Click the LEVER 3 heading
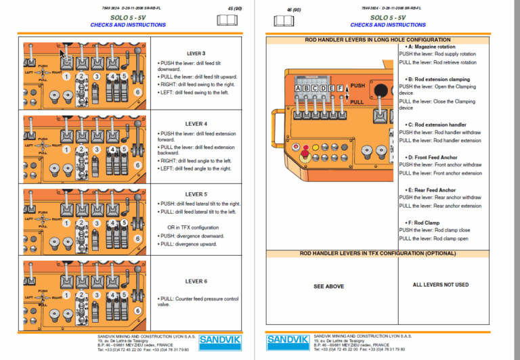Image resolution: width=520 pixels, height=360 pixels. click(196, 53)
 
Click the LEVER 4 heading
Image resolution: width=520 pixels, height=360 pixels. click(196, 124)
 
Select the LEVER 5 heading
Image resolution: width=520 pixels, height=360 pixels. click(196, 194)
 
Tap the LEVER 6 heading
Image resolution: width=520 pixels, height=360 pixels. click(196, 281)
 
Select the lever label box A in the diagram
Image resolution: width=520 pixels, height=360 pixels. click(299, 88)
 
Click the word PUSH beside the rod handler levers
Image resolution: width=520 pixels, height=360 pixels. click(357, 86)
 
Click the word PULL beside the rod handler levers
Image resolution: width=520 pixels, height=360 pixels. click(357, 102)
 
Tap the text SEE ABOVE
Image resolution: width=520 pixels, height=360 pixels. click(328, 286)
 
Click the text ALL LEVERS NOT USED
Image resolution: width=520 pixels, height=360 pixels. click(440, 285)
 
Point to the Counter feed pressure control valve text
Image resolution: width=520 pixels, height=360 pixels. click(198, 301)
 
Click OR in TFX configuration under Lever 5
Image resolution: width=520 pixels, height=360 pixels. click(193, 227)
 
